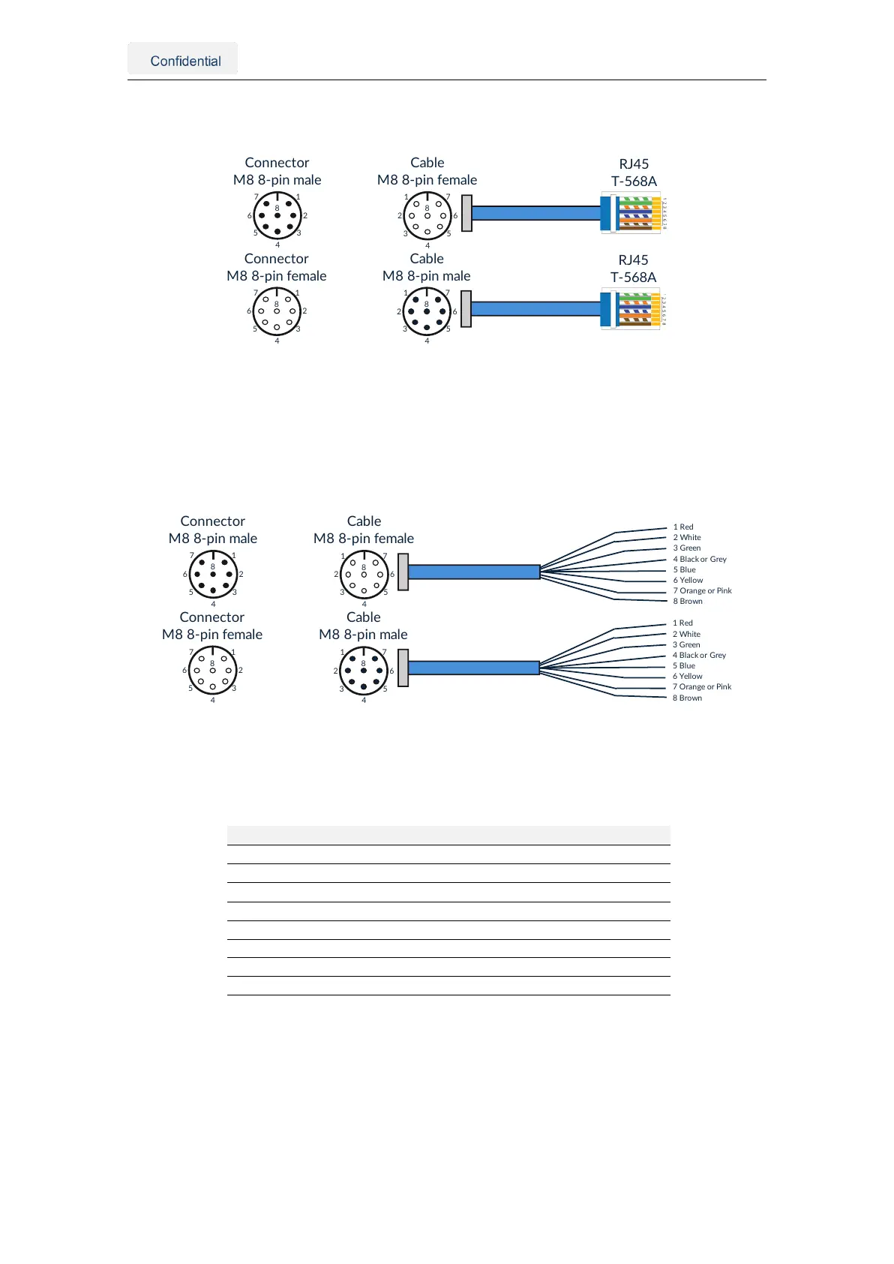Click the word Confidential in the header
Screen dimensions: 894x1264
[185, 61]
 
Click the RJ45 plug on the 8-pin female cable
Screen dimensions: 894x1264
[632, 213]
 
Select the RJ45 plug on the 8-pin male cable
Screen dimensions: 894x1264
[632, 309]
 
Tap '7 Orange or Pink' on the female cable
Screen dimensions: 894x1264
[702, 590]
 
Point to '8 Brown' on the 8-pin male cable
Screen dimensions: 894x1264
[687, 698]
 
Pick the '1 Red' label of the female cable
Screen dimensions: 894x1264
[683, 527]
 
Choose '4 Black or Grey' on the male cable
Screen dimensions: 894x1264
[699, 655]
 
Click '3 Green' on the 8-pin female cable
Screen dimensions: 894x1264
[687, 548]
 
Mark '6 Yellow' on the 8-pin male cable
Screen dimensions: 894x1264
[688, 676]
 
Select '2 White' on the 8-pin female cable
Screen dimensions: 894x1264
[687, 537]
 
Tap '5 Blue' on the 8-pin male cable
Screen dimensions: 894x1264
[684, 665]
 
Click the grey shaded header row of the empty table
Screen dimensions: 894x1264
[448, 835]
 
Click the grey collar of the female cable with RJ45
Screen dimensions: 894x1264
[466, 213]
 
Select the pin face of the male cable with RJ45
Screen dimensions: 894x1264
[427, 311]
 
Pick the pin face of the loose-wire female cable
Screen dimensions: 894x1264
[364, 575]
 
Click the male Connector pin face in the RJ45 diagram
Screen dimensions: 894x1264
[277, 215]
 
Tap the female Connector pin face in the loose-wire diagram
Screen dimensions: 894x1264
[212, 670]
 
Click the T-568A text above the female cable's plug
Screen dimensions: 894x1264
[634, 181]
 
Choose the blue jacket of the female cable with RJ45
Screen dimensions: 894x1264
[536, 213]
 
